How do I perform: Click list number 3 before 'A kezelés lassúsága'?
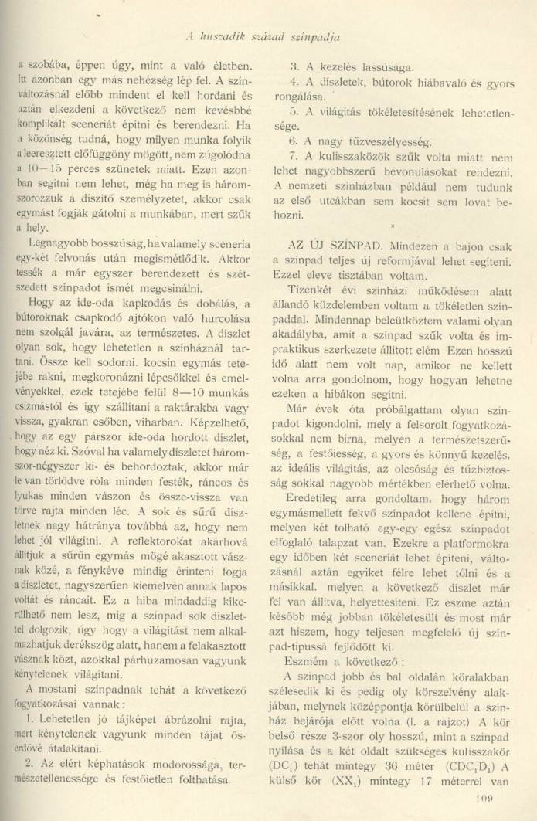(293, 66)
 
